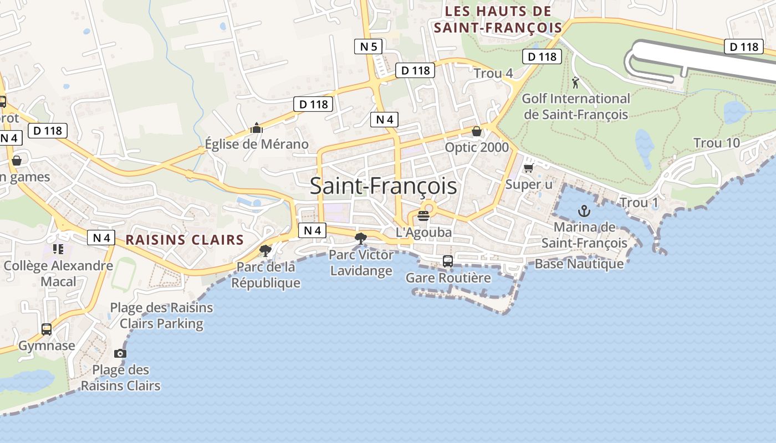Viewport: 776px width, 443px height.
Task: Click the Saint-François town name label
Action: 383,186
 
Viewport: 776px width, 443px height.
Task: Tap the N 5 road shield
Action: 369,47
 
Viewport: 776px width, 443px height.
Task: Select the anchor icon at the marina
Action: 584,210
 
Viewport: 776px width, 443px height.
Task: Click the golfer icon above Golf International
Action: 575,83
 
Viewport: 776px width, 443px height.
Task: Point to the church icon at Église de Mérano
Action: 256,128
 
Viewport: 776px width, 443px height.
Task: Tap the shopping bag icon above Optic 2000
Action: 476,131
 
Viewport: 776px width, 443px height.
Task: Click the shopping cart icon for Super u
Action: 528,167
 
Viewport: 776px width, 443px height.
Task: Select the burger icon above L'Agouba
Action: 424,216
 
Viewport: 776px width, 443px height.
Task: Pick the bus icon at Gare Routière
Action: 448,261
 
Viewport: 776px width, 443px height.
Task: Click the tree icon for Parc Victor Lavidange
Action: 361,239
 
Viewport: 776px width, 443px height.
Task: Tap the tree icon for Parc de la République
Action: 266,251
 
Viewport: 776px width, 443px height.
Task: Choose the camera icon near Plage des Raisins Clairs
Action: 120,353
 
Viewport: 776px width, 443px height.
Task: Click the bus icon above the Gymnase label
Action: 47,329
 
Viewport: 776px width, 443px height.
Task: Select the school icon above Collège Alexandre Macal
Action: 58,249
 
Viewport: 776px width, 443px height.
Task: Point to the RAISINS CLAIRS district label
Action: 185,240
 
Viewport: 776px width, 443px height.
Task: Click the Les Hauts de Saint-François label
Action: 498,19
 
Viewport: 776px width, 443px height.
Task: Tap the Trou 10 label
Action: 716,143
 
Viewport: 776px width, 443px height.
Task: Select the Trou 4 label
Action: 493,73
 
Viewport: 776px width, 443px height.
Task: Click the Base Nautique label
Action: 579,264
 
